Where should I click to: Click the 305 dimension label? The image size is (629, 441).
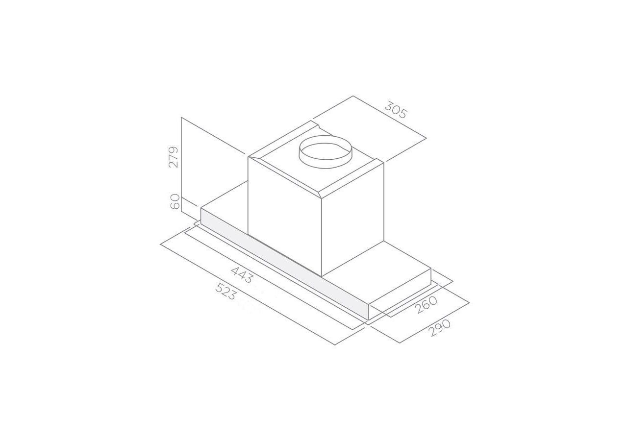coord(395,110)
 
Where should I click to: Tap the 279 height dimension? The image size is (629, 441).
coord(173,157)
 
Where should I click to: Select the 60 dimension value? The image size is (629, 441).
coord(175,201)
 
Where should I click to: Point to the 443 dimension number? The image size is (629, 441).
coord(243,274)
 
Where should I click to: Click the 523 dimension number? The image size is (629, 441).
coord(226,292)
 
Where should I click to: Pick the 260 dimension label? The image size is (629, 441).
coord(426,305)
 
